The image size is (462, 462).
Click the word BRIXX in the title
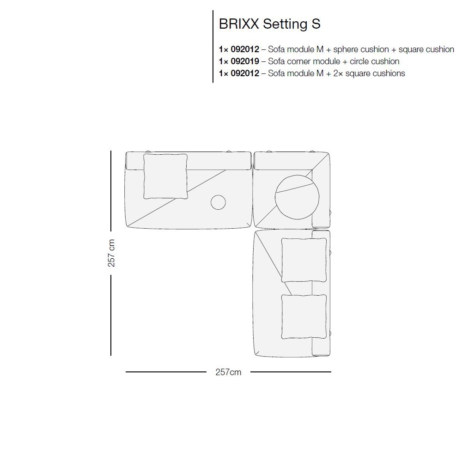point(239,24)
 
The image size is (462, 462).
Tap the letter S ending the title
point(316,24)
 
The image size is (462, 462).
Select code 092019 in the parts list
point(245,61)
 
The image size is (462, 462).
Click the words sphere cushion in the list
point(361,49)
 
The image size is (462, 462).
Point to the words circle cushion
point(375,61)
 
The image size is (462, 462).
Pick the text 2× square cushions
point(369,73)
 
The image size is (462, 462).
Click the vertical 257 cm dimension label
point(111,253)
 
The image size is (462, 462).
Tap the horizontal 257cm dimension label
point(228,372)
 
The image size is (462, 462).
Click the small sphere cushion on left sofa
point(219,202)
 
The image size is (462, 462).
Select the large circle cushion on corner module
point(297,197)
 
